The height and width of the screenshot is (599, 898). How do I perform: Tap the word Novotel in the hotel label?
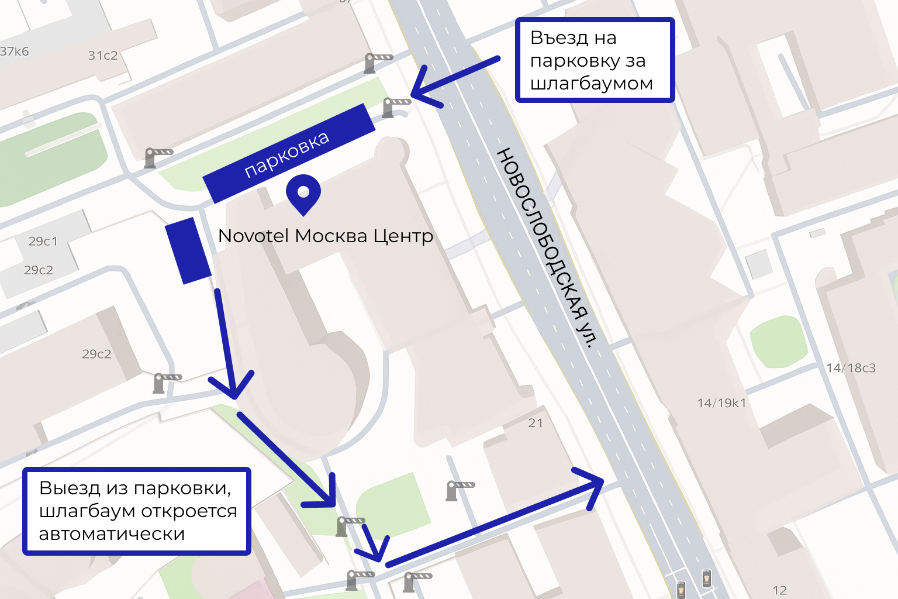253,236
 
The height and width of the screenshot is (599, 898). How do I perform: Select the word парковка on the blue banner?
286,154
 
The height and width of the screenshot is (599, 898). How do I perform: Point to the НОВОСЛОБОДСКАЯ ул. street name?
547,247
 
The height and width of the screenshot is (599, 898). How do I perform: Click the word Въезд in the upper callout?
559,38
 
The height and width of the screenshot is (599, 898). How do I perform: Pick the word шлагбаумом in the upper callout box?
591,84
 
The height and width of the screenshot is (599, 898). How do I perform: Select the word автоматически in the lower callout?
112,534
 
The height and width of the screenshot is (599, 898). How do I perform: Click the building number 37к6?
14,51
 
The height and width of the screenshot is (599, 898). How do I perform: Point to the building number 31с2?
103,56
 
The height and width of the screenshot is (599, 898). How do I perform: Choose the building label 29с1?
43,241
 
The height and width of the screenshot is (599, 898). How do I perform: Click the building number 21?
536,423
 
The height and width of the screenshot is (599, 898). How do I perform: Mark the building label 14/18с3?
851,368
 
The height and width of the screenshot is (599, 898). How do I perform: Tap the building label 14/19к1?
721,403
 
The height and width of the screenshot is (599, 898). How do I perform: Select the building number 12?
779,590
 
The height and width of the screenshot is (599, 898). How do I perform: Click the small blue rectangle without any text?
188,250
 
